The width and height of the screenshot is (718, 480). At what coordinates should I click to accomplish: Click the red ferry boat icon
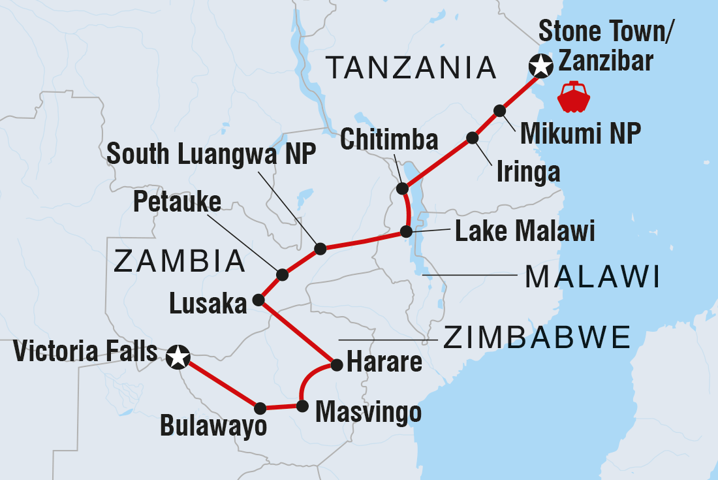(x=573, y=96)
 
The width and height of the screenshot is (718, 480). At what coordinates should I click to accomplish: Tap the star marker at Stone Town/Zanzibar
(x=540, y=65)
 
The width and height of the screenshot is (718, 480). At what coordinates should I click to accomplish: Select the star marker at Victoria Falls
(x=178, y=357)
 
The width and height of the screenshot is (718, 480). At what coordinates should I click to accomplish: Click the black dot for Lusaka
(x=258, y=300)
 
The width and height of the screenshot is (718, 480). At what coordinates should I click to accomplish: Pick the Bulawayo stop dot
(x=260, y=408)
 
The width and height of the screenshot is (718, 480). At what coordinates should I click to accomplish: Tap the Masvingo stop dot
(x=302, y=406)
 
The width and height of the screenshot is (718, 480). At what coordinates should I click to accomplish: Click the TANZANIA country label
(x=412, y=67)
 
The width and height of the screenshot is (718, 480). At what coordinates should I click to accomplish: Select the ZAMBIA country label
(x=179, y=262)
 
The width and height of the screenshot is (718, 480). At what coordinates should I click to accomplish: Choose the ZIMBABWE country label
(x=537, y=338)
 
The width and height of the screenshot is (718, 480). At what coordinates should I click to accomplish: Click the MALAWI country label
(x=591, y=277)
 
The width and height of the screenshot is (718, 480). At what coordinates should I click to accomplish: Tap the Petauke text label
(x=178, y=203)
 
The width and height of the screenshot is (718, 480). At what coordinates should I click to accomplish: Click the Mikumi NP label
(x=580, y=133)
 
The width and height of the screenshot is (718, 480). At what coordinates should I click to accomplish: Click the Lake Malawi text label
(x=525, y=231)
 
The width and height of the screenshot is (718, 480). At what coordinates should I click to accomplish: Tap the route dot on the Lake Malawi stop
(x=406, y=231)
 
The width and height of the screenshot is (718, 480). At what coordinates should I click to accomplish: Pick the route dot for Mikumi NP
(x=499, y=110)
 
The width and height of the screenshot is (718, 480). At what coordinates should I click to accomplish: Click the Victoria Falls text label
(x=84, y=353)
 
